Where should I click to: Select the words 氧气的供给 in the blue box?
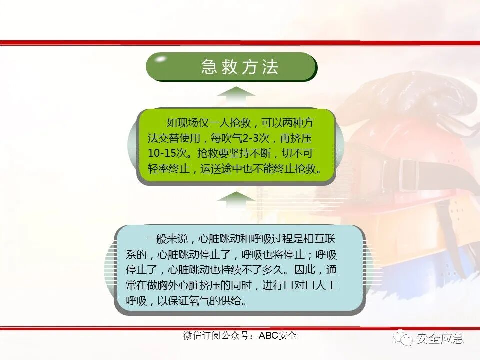(220, 302)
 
